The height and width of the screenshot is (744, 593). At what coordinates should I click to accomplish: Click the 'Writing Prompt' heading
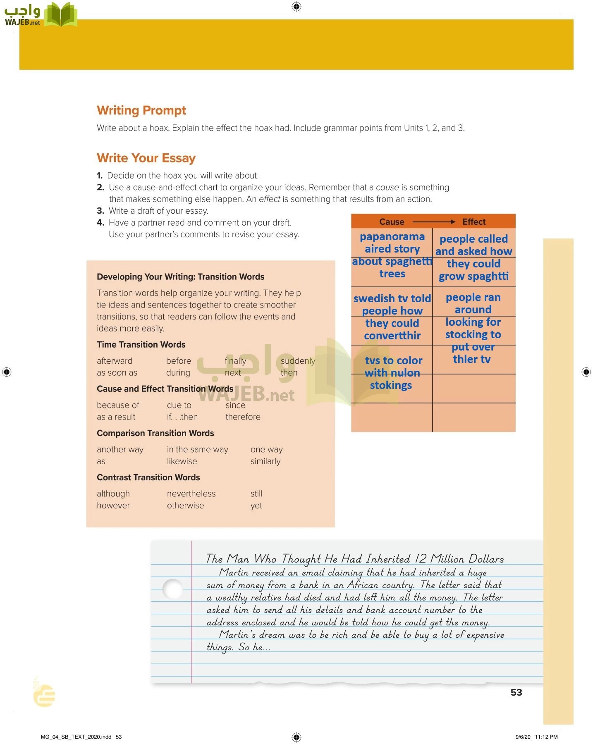(141, 110)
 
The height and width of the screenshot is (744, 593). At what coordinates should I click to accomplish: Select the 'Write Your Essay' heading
(146, 158)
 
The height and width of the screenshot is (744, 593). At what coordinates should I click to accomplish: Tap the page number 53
(516, 692)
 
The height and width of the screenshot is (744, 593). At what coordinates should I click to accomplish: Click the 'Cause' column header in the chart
(392, 222)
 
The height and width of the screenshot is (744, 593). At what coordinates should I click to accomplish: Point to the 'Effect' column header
(474, 222)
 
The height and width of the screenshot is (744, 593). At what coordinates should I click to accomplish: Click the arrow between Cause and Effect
(434, 222)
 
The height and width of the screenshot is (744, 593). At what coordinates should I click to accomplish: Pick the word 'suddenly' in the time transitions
(298, 361)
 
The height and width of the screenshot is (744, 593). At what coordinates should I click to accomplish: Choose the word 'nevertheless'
(191, 494)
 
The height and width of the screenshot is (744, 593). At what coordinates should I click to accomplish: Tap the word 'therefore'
(243, 417)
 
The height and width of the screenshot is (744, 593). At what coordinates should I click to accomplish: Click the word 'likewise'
(182, 461)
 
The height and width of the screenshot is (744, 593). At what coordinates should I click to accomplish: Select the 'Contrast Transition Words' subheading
(148, 477)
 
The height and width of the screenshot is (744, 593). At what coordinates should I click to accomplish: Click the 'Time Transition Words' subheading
(141, 344)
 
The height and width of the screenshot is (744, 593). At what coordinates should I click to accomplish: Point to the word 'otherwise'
(185, 506)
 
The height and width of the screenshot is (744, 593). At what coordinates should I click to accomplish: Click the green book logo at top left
(61, 14)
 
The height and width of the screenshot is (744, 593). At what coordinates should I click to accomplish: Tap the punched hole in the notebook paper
(172, 589)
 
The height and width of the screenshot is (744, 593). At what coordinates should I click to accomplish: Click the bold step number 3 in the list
(100, 211)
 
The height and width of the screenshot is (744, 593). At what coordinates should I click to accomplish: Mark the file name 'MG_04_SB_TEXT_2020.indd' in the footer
(76, 737)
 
